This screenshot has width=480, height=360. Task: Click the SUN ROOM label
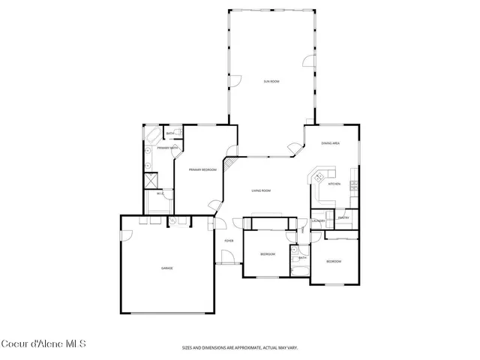point(271,80)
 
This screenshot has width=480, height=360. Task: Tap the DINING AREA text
point(331,143)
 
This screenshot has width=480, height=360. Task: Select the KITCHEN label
point(334,184)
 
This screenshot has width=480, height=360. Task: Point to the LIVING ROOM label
point(260,191)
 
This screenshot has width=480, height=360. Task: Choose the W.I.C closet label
point(160,194)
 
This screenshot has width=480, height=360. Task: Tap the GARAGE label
point(166,268)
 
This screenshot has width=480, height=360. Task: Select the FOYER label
point(228,241)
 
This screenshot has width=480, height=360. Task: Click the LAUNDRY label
point(318,221)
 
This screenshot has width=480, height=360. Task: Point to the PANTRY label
point(343,218)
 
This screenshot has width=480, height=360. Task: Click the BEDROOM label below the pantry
point(334,261)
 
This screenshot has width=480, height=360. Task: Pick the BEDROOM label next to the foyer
point(267,254)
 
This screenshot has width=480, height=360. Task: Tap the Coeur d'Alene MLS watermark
point(43,344)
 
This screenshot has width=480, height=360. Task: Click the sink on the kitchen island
point(319,178)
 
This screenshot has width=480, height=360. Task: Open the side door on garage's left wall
point(125,234)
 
